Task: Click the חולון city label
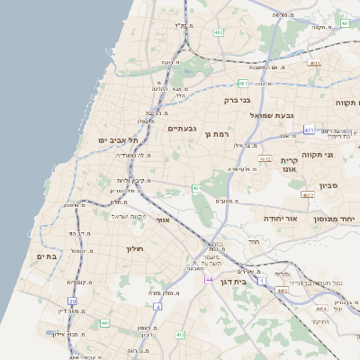coord(135,247)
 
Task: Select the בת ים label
coord(46,257)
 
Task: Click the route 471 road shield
coord(309,130)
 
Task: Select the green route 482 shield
coord(219,32)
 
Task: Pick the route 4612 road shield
coord(265,159)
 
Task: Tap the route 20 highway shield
coord(72,301)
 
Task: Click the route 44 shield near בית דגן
coord(209,280)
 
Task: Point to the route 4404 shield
coord(282,291)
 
